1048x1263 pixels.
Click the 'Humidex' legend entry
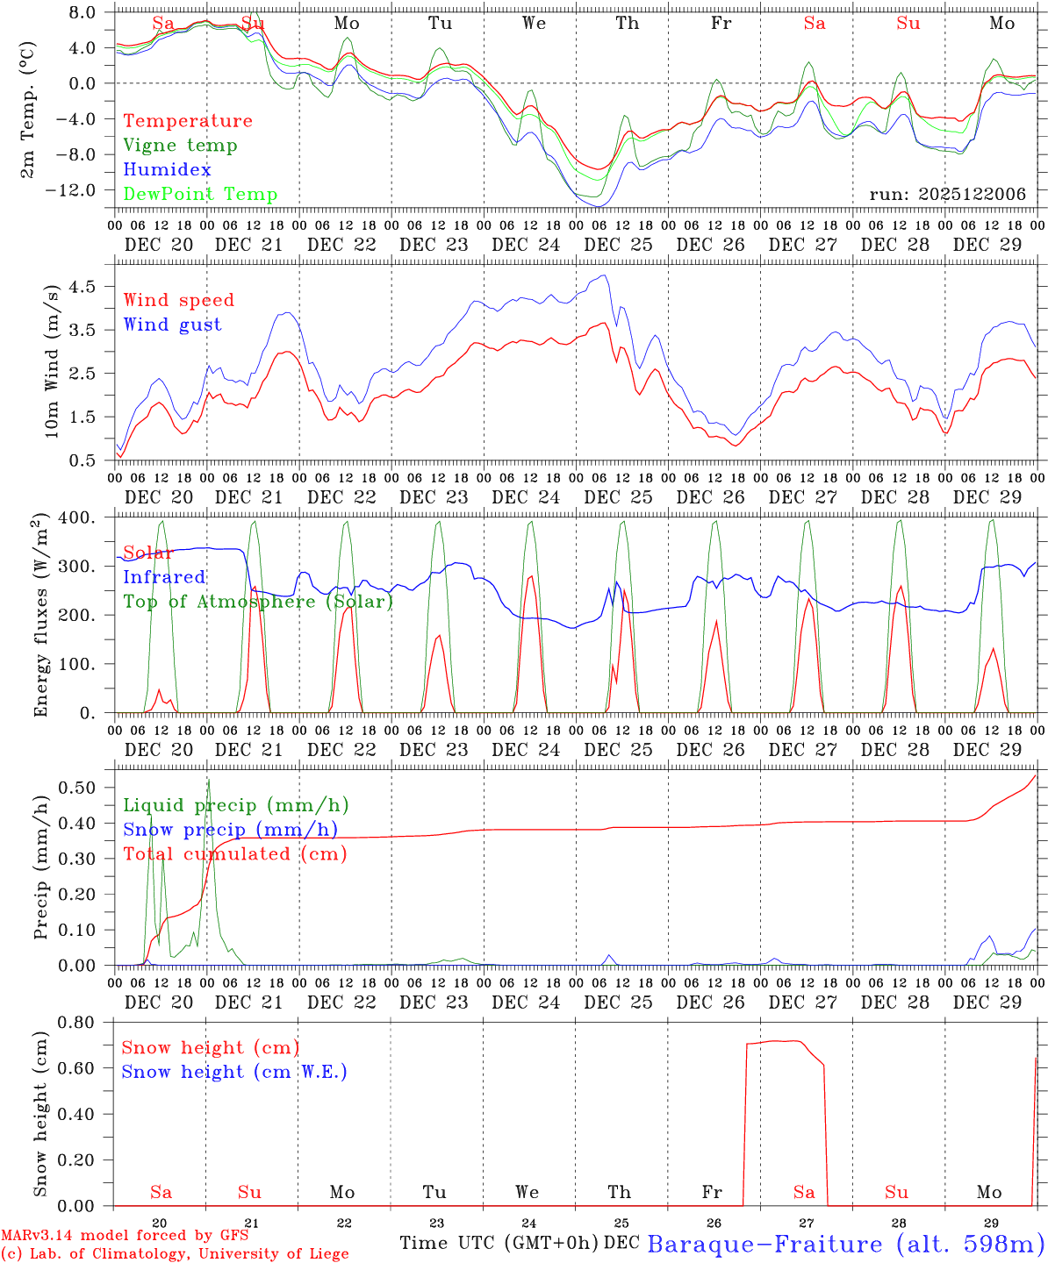[167, 170]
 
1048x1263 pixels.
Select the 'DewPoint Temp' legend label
[200, 195]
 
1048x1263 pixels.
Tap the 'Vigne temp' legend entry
[180, 146]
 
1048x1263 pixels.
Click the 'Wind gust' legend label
[172, 325]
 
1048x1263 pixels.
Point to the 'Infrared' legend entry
[164, 577]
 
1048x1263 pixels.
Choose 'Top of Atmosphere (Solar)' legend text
[258, 602]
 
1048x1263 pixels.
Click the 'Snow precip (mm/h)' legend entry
[230, 830]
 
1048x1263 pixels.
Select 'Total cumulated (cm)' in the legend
[235, 854]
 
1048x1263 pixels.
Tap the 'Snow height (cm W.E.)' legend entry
[234, 1072]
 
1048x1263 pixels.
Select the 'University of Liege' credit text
[276, 1253]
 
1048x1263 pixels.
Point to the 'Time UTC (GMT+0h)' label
[499, 1243]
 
